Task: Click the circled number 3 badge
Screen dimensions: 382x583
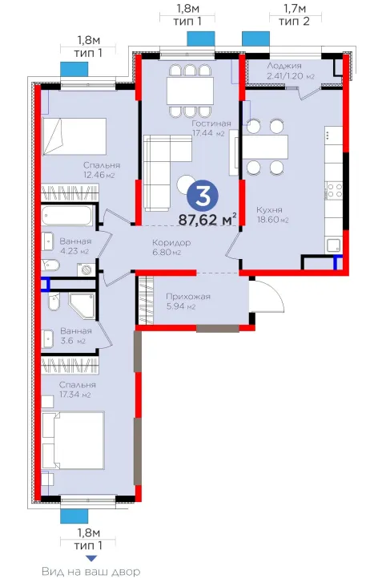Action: click(x=203, y=196)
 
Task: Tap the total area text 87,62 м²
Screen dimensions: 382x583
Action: click(x=207, y=220)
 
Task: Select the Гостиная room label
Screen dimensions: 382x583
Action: click(x=211, y=123)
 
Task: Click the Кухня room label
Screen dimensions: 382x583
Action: click(x=269, y=209)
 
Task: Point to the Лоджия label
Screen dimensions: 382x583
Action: click(x=284, y=66)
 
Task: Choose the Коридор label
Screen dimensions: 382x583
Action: click(x=171, y=243)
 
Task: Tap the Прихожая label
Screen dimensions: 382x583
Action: click(x=188, y=297)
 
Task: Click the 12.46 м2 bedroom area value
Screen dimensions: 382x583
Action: click(x=99, y=175)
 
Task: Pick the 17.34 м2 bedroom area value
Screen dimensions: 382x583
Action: click(x=74, y=395)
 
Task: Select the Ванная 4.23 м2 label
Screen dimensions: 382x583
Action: click(x=75, y=246)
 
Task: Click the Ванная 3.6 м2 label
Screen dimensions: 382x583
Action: click(x=76, y=335)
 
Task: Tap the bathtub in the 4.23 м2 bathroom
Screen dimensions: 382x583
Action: click(x=66, y=216)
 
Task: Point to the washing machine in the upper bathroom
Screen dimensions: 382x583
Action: click(x=86, y=269)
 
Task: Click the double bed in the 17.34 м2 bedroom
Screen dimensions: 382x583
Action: click(x=73, y=439)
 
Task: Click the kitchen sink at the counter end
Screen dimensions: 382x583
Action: click(x=333, y=245)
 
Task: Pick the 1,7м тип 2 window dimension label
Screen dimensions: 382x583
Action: click(x=295, y=14)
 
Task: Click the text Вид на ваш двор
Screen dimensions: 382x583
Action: click(x=91, y=572)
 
